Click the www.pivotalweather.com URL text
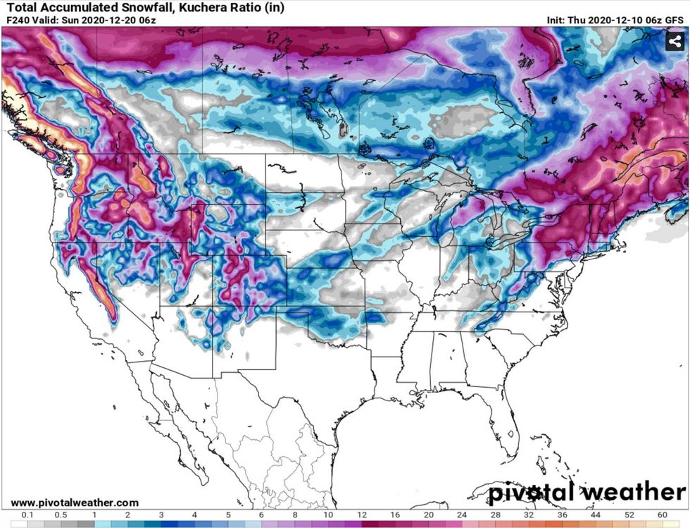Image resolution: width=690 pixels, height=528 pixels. pos(75,503)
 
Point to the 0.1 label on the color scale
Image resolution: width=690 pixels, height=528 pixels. pos(28,515)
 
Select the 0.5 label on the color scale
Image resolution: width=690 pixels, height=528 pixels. pos(62,515)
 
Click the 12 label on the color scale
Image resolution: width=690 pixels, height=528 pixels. pos(362,515)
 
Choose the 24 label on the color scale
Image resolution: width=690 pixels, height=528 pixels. pos(462,515)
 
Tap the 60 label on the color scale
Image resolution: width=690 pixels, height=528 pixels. pos(662,515)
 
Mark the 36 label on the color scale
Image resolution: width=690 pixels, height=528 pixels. pos(562,515)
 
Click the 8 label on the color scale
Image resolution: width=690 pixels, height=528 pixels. pos(295,515)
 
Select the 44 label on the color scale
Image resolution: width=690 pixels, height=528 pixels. pos(595,515)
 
